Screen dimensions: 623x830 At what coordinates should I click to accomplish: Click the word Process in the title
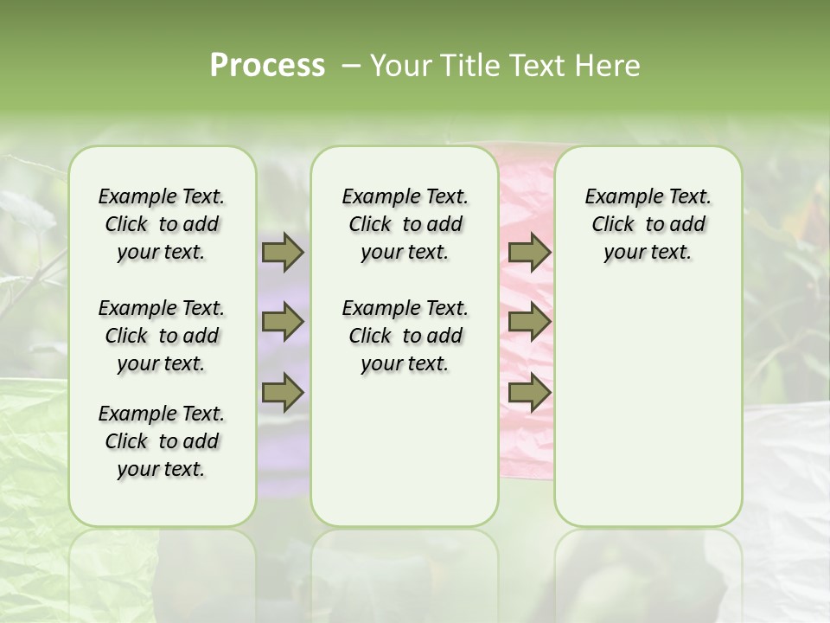coord(267,66)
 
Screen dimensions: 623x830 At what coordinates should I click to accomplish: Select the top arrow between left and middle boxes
coord(283,252)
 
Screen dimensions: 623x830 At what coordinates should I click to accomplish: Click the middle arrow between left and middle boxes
coord(283,323)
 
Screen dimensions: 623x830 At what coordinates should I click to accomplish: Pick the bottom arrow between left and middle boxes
coord(283,392)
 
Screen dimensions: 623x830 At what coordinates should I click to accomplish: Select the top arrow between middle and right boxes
coord(529,252)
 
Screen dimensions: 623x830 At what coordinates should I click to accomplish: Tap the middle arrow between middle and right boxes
coord(529,323)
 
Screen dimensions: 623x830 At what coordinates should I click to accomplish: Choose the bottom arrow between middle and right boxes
coord(529,392)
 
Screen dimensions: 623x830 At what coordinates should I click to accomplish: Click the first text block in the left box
coord(162,224)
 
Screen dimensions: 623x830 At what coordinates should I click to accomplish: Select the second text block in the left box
coord(162,336)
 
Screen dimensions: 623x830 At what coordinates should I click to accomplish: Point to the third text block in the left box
coord(162,441)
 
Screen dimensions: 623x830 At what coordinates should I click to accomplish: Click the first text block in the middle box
coord(405,224)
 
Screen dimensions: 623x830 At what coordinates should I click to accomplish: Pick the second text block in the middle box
coord(405,336)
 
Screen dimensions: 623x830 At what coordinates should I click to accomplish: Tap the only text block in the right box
coord(648,224)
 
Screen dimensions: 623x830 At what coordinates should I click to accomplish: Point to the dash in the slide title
coord(350,66)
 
